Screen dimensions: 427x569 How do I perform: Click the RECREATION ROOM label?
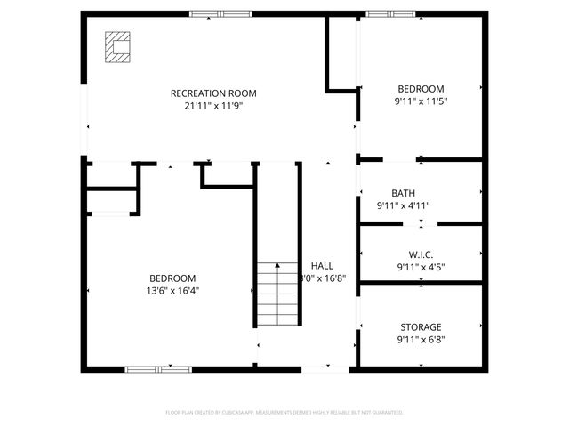point(213,93)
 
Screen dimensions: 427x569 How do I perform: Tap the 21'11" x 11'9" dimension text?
point(213,106)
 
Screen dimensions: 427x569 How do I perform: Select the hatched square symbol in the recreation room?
point(117,46)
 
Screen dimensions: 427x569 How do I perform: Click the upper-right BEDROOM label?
point(421,88)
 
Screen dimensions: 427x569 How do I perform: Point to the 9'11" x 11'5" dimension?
point(421,101)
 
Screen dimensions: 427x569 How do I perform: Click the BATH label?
point(403,193)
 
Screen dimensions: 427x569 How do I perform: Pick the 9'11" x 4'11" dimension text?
point(403,205)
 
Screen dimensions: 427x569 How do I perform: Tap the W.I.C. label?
point(421,254)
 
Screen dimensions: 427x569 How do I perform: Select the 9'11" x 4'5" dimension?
point(421,266)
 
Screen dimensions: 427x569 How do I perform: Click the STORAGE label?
point(421,326)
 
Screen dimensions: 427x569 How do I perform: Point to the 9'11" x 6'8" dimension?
point(421,339)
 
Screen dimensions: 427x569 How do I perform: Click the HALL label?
point(322,265)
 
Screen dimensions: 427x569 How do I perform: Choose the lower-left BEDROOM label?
point(172,278)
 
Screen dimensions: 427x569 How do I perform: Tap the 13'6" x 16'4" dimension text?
point(172,290)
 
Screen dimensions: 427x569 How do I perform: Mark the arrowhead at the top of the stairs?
point(276,265)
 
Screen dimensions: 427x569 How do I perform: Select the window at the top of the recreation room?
point(220,13)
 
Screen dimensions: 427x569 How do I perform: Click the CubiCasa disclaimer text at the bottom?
point(284,412)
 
